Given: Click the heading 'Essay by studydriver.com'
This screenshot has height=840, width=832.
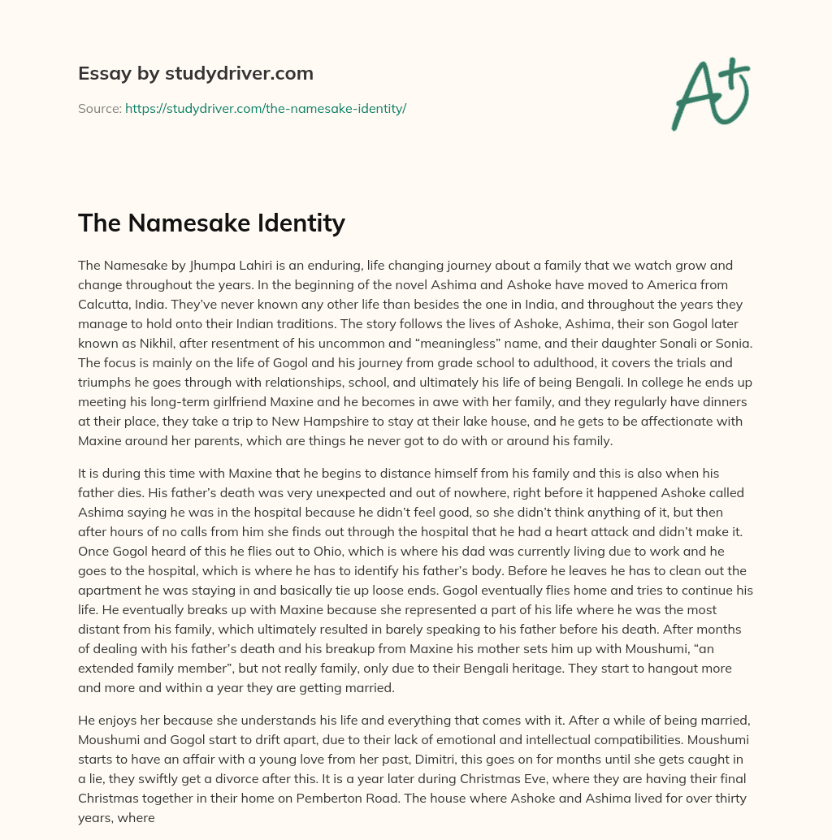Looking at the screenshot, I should point(195,73).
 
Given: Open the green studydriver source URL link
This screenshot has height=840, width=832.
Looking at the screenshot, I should point(266,108).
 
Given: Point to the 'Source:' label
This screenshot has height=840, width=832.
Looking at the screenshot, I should point(99,108).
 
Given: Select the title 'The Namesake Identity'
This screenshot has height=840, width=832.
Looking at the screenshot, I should point(211,222).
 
